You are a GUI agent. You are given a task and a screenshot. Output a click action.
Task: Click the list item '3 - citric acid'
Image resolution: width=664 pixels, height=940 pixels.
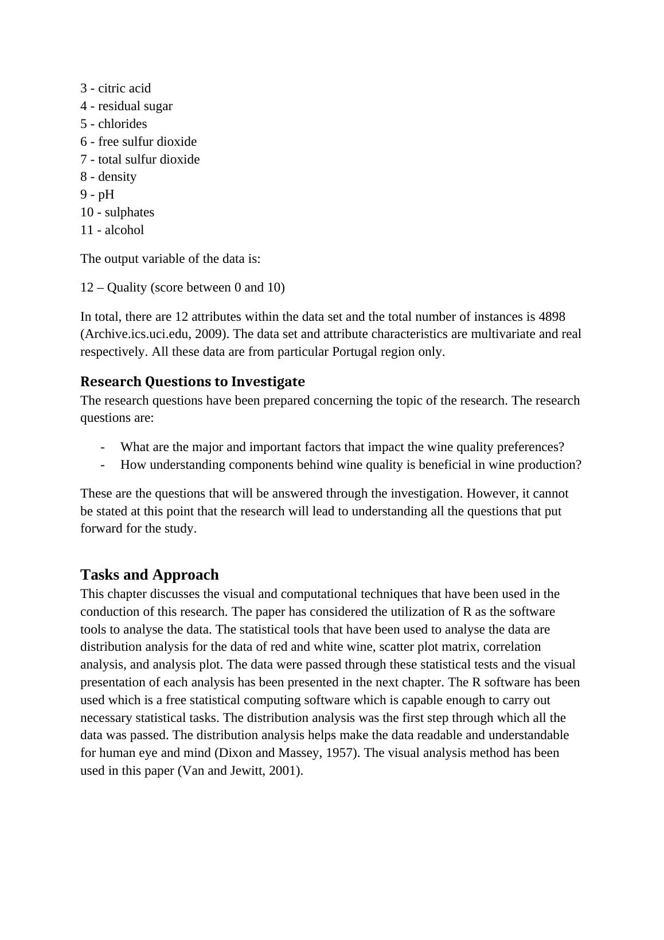[x=115, y=88]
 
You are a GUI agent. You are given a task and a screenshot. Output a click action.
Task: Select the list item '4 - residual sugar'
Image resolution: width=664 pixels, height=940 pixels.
[x=126, y=106]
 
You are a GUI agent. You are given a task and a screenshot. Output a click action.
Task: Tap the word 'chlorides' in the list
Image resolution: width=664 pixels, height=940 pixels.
[x=122, y=124]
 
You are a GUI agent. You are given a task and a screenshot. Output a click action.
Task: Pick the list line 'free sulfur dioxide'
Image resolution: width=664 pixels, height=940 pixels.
[x=147, y=142]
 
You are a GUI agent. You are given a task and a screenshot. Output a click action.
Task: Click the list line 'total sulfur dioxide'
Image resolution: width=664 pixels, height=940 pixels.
[x=149, y=160]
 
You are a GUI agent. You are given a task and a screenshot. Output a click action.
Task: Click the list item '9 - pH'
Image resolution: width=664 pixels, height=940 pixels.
[x=97, y=195]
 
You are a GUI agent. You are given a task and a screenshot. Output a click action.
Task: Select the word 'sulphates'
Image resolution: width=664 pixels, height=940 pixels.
[x=129, y=212]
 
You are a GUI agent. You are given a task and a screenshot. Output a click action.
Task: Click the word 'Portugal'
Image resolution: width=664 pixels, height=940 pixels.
[x=354, y=352]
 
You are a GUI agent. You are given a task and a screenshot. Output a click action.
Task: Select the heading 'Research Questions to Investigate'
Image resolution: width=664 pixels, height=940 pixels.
[x=193, y=382]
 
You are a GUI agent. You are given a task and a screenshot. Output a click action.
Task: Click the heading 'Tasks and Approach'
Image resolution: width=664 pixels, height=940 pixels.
[x=150, y=574]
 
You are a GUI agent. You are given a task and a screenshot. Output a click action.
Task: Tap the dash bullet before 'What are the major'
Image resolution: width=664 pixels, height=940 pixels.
[x=102, y=447]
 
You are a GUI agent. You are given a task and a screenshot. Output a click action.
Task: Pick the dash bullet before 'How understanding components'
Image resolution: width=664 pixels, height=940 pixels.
[x=102, y=465]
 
